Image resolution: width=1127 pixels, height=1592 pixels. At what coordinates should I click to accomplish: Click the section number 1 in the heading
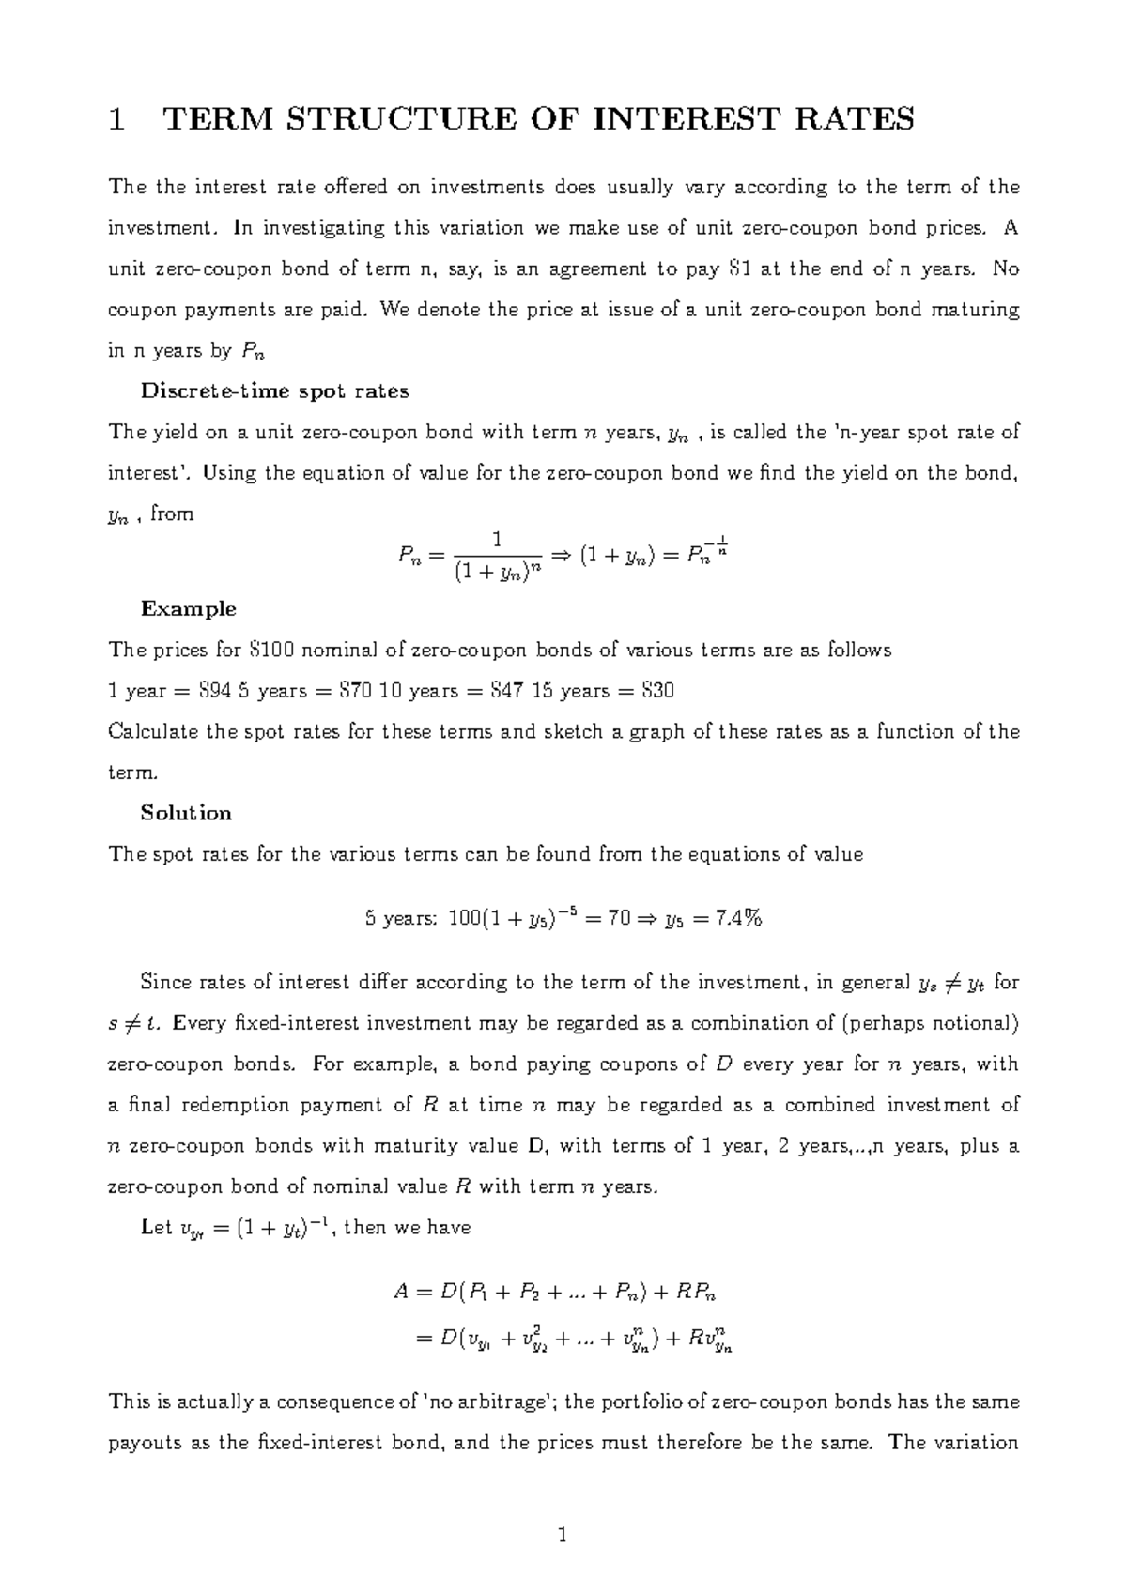(x=116, y=119)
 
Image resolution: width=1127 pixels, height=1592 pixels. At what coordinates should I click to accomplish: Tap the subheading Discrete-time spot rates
(x=274, y=391)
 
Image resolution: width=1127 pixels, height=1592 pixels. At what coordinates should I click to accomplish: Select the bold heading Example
(x=188, y=608)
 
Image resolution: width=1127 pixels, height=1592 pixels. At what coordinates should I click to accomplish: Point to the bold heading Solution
(x=186, y=813)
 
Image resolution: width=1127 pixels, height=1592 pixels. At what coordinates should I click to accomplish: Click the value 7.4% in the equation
(x=737, y=919)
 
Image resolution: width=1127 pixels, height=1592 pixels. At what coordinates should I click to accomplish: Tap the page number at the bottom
(x=563, y=1537)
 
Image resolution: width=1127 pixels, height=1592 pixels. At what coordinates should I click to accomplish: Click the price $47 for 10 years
(x=508, y=691)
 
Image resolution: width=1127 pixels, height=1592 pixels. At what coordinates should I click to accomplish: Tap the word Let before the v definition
(x=156, y=1228)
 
